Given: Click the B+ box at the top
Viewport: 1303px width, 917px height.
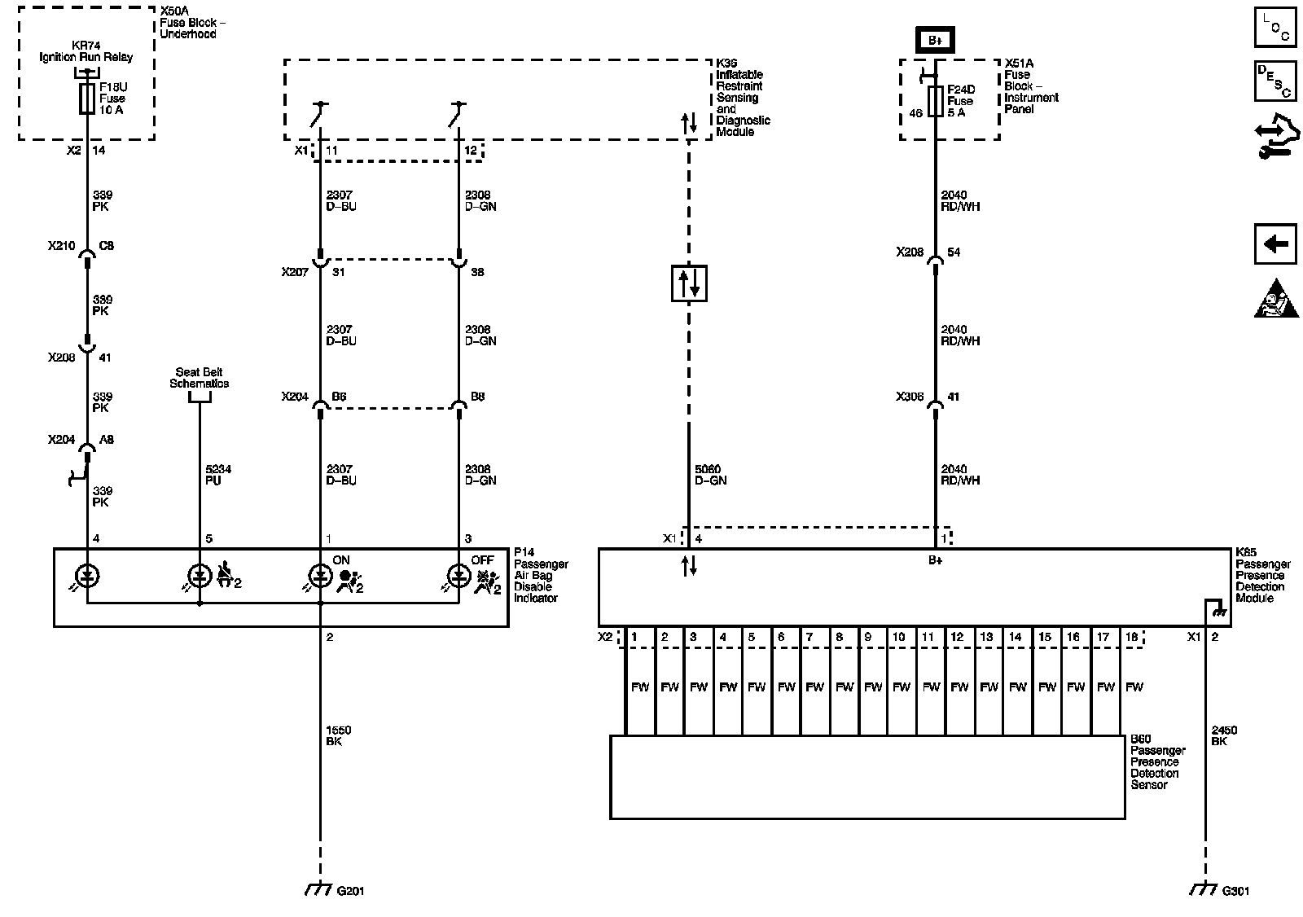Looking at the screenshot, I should click(x=934, y=40).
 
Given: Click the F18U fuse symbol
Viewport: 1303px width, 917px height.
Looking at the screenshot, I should click(x=86, y=100).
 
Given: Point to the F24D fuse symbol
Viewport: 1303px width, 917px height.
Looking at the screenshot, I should click(x=935, y=102).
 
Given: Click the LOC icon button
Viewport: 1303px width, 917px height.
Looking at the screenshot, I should click(x=1274, y=27).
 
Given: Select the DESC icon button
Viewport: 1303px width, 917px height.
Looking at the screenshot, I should click(x=1274, y=81).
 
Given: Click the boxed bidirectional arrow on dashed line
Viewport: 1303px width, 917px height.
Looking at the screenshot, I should click(x=689, y=283).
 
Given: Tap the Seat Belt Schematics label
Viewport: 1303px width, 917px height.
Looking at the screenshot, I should click(x=200, y=378).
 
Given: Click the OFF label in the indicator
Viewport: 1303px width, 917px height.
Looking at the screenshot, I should click(x=482, y=560).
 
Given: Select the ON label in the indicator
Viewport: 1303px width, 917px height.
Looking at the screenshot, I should click(x=340, y=560).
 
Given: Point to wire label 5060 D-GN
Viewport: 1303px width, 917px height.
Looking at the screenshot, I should click(x=710, y=475).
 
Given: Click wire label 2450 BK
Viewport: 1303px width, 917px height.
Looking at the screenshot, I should click(x=1223, y=735).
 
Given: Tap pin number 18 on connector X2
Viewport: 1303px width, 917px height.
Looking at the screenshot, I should click(x=1131, y=637).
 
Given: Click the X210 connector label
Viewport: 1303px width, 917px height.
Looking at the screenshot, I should click(x=61, y=245).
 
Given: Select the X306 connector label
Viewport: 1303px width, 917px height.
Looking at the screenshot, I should click(x=910, y=397).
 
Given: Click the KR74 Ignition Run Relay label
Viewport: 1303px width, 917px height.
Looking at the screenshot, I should click(x=86, y=51).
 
